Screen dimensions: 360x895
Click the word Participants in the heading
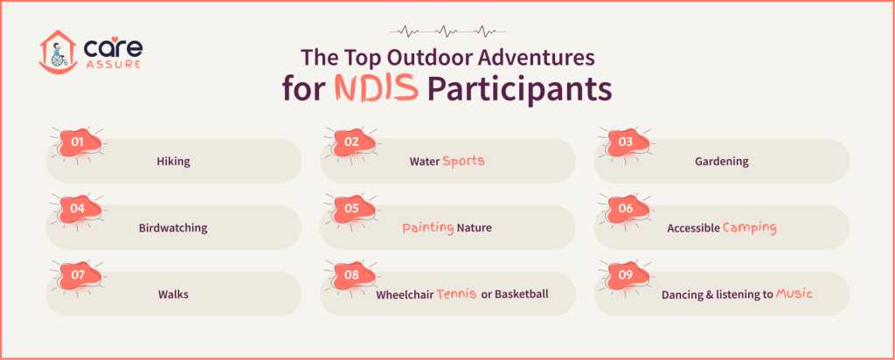tap(519, 90)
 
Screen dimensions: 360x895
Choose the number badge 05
tap(351, 209)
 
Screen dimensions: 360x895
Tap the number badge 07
tap(77, 275)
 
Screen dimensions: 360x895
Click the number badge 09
tap(626, 275)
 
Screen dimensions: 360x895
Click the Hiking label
tap(173, 162)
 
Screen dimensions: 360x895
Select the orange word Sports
tap(463, 161)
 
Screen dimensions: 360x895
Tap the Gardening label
tap(721, 162)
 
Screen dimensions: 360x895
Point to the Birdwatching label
tap(173, 228)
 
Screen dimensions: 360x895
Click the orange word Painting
tap(427, 227)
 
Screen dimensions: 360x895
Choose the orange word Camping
tap(750, 227)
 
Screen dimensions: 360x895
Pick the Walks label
tap(173, 294)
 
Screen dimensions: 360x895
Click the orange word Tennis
tap(456, 294)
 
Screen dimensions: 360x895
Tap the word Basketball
tap(522, 294)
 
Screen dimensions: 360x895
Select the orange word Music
tap(794, 294)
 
